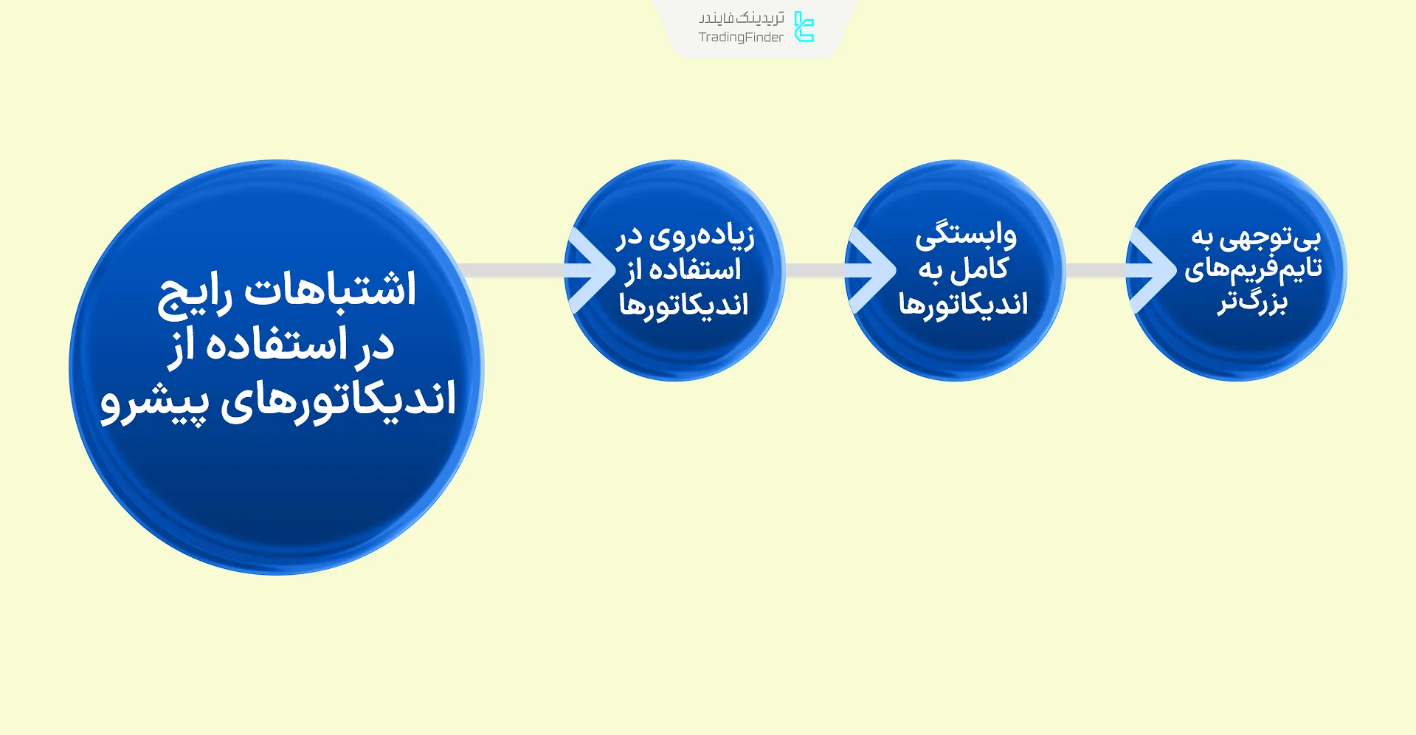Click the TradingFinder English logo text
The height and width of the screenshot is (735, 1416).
[741, 38]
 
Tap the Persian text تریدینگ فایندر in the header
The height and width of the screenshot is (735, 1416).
[741, 18]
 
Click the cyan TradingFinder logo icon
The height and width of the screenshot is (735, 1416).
[804, 27]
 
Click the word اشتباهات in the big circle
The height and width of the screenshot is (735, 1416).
[330, 289]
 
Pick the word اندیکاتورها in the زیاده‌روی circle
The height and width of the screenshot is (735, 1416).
[683, 305]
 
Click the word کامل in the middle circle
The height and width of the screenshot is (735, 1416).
[979, 269]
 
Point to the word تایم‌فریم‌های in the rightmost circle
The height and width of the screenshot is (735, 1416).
[1252, 269]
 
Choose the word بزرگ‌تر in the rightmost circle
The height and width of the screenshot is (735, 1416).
[1252, 303]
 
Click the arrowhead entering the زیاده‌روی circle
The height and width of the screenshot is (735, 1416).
[595, 271]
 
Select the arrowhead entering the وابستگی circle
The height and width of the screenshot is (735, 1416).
[875, 271]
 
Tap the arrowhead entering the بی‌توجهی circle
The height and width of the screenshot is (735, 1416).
[1156, 271]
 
